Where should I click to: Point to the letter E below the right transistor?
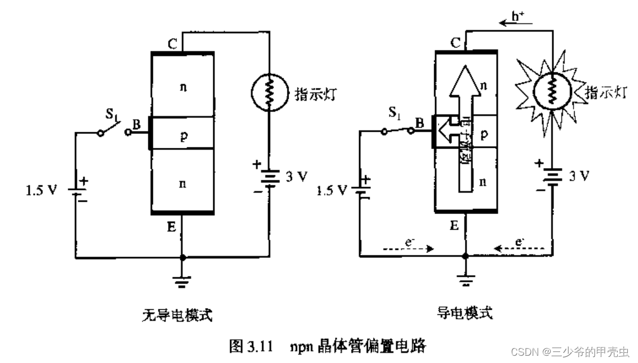[454, 226]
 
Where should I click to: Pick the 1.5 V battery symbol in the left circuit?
[75, 190]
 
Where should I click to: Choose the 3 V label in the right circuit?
[579, 176]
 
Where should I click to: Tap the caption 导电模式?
[464, 313]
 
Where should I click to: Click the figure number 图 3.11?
[251, 346]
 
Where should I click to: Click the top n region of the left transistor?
[183, 87]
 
